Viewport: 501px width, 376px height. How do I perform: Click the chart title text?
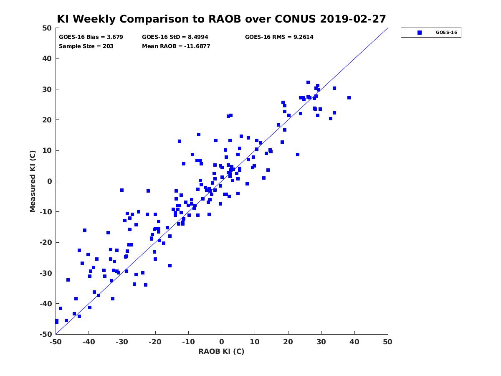coord(221,19)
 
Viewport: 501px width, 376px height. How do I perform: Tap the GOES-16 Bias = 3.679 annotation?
coord(91,37)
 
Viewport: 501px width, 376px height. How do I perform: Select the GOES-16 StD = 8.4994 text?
coord(175,37)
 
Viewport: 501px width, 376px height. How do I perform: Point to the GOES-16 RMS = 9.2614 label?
coord(279,37)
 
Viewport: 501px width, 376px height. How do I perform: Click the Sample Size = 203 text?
coord(86,46)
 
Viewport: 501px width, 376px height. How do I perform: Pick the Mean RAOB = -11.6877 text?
coord(176,46)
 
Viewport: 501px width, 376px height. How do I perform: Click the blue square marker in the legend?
coord(420,33)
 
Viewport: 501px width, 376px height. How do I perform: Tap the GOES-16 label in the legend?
coord(446,33)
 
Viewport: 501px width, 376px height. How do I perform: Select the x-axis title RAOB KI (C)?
coord(221,351)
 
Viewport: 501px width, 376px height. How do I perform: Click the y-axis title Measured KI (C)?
coord(33,181)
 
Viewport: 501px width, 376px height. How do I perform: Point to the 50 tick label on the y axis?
coord(47,28)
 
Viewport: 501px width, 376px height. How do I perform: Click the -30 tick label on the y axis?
coord(46,273)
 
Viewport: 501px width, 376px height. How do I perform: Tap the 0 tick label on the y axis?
coord(50,181)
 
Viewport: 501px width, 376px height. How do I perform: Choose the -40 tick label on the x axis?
coord(89,342)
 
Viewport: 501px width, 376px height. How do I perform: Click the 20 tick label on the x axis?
coord(288,342)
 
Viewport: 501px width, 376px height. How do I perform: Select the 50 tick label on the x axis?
coord(387,342)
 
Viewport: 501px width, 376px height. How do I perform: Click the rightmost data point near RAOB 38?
coord(349,98)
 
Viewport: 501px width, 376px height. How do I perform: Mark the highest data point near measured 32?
coord(308,82)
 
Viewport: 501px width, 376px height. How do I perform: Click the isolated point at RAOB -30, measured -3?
coord(122,190)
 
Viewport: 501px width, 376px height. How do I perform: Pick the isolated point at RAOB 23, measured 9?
coord(297,155)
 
